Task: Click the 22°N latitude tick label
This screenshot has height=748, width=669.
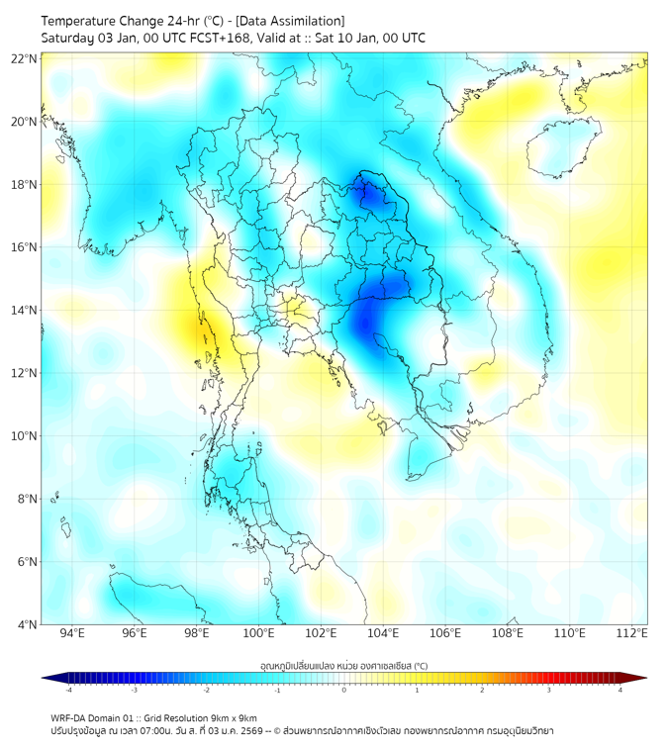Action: (25, 58)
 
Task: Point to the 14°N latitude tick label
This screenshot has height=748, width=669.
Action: (25, 311)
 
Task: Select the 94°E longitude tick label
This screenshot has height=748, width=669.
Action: (72, 633)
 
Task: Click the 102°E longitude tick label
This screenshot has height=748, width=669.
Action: (321, 633)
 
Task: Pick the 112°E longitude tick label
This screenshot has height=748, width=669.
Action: (631, 633)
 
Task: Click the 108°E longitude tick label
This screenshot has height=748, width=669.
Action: (508, 633)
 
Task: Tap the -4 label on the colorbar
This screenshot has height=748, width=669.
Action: (68, 691)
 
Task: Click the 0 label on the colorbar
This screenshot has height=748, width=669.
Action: (344, 691)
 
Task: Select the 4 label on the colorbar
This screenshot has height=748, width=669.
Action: (621, 691)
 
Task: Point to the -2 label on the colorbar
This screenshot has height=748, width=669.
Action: (206, 691)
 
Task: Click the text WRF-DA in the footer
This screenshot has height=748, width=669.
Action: (70, 718)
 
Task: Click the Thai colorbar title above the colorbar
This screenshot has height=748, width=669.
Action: (343, 665)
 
